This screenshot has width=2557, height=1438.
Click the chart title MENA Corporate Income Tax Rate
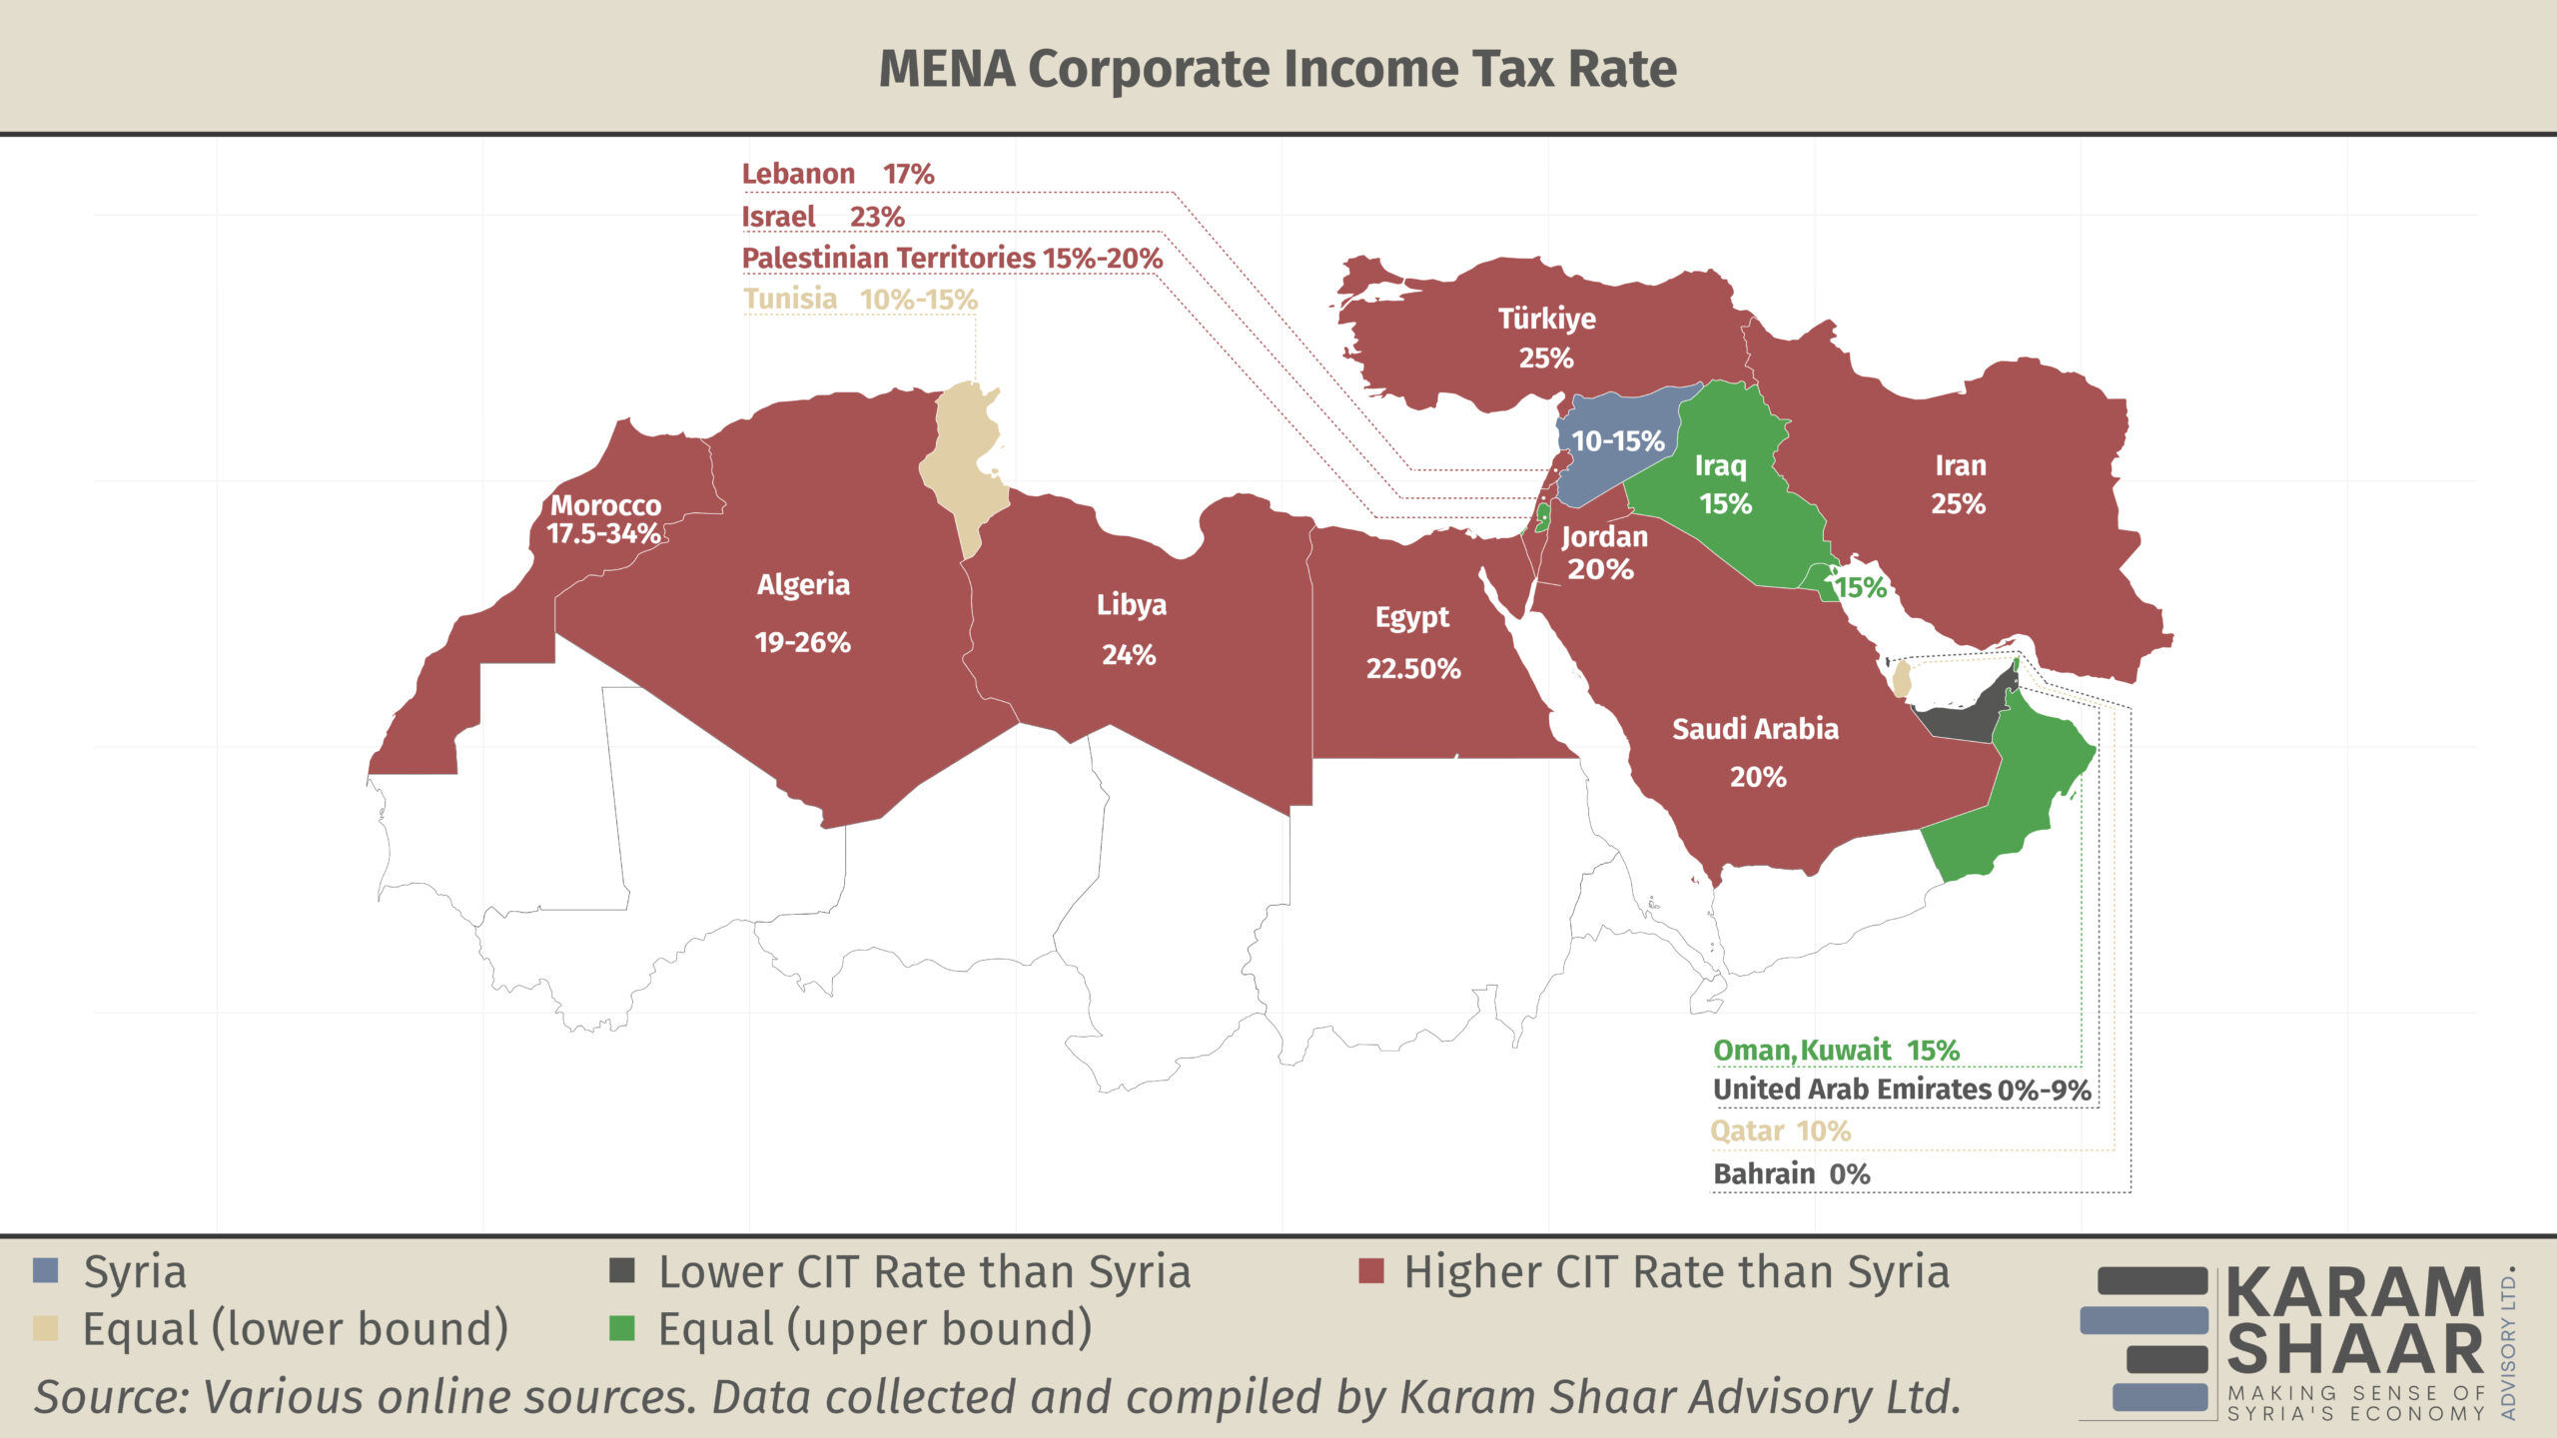click(1278, 69)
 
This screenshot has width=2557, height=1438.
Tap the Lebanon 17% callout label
click(837, 174)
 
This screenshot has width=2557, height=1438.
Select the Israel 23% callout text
click(822, 217)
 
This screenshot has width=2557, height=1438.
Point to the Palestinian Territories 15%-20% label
click(951, 258)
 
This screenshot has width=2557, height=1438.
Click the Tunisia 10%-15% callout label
click(860, 299)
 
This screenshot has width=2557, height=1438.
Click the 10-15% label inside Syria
click(1617, 440)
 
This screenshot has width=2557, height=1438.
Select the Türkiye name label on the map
click(1546, 319)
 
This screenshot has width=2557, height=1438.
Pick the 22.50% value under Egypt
click(1412, 668)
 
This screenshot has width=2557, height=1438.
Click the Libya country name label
click(1131, 605)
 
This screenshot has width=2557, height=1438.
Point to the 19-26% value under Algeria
click(802, 642)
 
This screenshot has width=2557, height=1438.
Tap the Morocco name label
click(605, 505)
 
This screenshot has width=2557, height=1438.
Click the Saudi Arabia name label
click(1755, 729)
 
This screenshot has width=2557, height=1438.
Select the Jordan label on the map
click(1604, 537)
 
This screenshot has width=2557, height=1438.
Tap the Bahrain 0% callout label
click(1791, 1173)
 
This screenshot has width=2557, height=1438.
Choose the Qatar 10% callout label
click(1780, 1131)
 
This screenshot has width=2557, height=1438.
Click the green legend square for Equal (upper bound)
click(622, 1328)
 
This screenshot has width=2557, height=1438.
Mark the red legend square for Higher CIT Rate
click(1371, 1271)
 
